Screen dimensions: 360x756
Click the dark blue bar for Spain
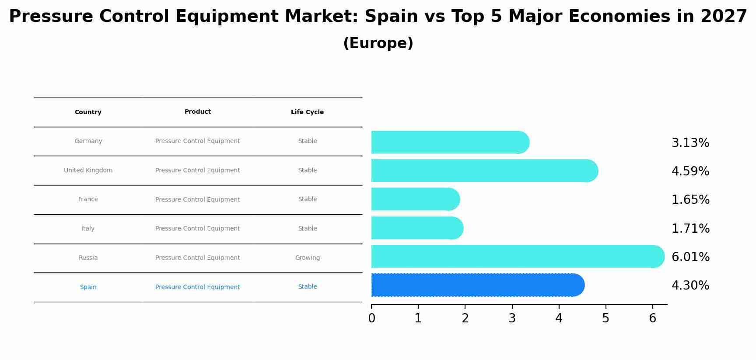pyautogui.click(x=477, y=285)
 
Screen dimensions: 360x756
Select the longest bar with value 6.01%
pyautogui.click(x=516, y=256)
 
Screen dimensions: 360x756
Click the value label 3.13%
pyautogui.click(x=690, y=143)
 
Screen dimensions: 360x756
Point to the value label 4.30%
pyautogui.click(x=690, y=286)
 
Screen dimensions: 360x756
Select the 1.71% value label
pyautogui.click(x=690, y=228)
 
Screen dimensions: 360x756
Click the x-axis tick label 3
pyautogui.click(x=512, y=318)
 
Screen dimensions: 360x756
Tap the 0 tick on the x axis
pyautogui.click(x=371, y=318)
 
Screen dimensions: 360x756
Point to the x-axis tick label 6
pyautogui.click(x=652, y=318)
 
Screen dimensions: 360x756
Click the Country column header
pyautogui.click(x=88, y=112)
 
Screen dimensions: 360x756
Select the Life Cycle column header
pyautogui.click(x=307, y=112)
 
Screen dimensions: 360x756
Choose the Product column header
pyautogui.click(x=197, y=112)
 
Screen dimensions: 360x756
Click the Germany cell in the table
pyautogui.click(x=88, y=141)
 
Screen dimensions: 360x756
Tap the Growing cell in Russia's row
pyautogui.click(x=307, y=258)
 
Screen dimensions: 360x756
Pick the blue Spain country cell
pyautogui.click(x=88, y=287)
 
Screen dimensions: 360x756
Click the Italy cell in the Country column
pyautogui.click(x=88, y=229)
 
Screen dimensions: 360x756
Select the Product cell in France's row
pyautogui.click(x=197, y=200)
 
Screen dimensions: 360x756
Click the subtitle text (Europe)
pyautogui.click(x=378, y=43)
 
